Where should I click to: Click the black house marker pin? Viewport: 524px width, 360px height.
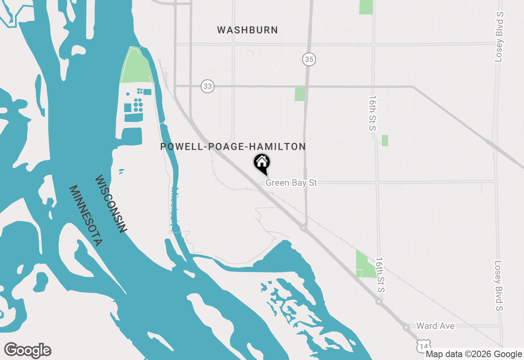click(262, 163)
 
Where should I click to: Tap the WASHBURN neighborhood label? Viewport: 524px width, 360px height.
click(247, 30)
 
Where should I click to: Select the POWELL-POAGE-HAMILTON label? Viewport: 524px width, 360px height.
click(233, 146)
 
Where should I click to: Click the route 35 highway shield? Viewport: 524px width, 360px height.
click(309, 60)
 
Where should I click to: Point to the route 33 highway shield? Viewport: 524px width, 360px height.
click(208, 86)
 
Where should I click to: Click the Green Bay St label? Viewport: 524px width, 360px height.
click(291, 182)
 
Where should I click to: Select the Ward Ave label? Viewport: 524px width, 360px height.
click(435, 326)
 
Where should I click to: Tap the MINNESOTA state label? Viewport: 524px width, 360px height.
click(85, 216)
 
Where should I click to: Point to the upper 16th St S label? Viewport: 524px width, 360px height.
click(372, 113)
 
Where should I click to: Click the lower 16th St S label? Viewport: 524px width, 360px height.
click(381, 275)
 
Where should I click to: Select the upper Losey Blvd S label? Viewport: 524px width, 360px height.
click(499, 37)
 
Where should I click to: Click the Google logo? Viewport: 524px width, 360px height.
click(27, 350)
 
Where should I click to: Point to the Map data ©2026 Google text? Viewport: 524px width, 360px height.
click(474, 354)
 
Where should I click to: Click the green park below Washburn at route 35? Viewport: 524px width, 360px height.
click(300, 94)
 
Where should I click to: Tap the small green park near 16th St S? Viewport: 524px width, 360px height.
click(385, 140)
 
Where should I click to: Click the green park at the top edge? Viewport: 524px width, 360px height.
click(366, 7)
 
